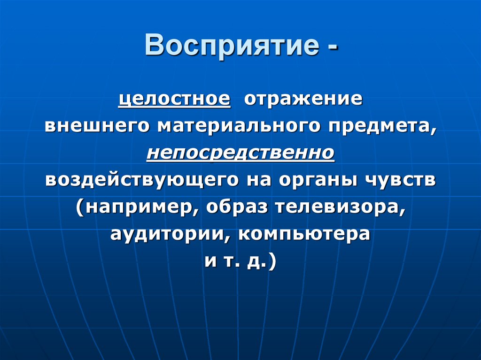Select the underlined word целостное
tap(174, 100)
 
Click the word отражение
tap(302, 100)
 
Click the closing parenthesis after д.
tap(272, 261)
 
